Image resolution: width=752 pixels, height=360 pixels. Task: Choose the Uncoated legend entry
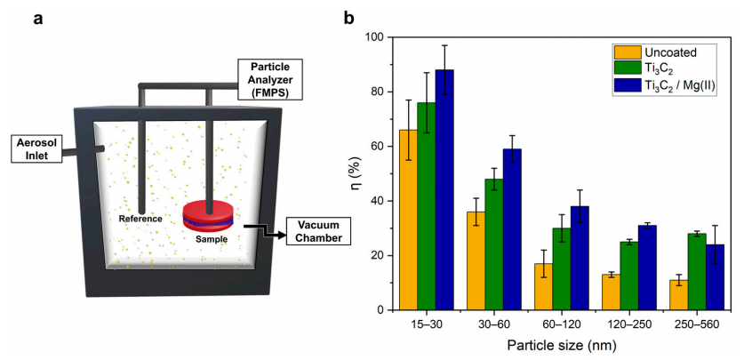point(662,51)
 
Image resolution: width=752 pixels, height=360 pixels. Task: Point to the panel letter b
point(350,17)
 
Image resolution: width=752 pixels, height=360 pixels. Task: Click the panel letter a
point(39,17)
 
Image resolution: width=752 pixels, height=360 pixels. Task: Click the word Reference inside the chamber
point(142,218)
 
